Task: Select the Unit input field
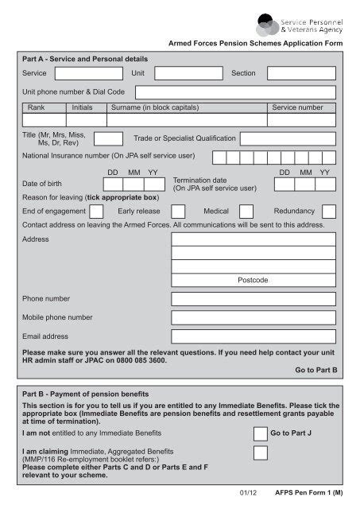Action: (188, 73)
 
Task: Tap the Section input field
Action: (301, 73)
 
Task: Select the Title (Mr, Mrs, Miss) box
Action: (108, 138)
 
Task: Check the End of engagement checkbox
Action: (96, 212)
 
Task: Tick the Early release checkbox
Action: (178, 212)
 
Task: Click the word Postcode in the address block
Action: (252, 280)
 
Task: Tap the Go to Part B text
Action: (316, 370)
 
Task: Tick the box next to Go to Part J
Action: (260, 433)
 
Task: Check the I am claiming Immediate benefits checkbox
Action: (260, 453)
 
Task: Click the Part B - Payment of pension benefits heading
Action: (91, 394)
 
